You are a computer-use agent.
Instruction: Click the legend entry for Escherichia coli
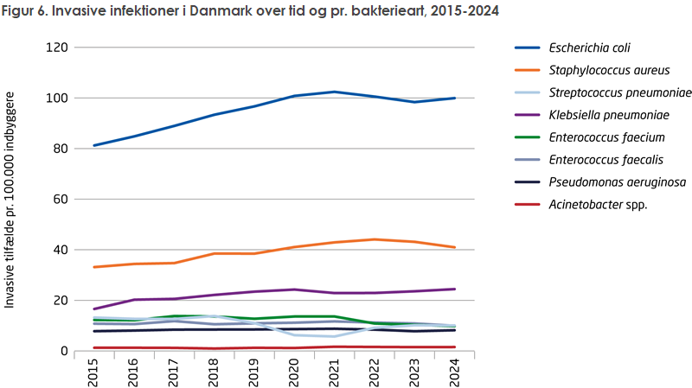coord(584,48)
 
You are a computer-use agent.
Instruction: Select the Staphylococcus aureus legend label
coord(596,70)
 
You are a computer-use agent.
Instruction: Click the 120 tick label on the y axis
coord(57,48)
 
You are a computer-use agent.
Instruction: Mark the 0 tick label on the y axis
coord(64,351)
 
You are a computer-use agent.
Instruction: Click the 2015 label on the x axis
coord(93,373)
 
